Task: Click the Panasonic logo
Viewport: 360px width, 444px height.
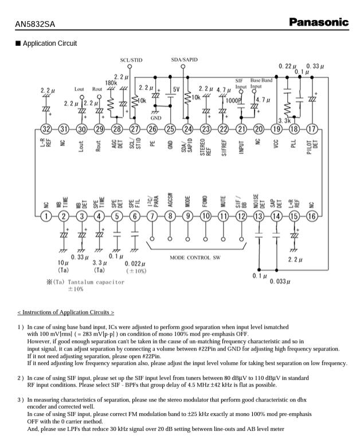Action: (318, 22)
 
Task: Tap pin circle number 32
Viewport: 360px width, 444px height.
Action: (46, 129)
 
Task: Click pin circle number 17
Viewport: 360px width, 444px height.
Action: (312, 129)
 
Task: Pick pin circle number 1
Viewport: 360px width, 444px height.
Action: (46, 215)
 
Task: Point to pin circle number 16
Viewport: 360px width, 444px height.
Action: (312, 215)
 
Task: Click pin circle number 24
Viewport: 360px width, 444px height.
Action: (188, 129)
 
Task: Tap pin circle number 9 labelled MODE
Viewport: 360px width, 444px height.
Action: (188, 215)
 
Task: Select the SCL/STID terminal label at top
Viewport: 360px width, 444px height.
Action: (131, 60)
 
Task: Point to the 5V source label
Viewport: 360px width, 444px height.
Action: (176, 89)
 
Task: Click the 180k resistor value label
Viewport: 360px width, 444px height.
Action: (111, 82)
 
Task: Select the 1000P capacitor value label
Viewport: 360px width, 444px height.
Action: (233, 100)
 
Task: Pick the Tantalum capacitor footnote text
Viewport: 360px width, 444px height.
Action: (87, 282)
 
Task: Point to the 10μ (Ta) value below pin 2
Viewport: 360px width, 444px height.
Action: (63, 265)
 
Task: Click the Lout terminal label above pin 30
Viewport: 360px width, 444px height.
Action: (80, 89)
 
